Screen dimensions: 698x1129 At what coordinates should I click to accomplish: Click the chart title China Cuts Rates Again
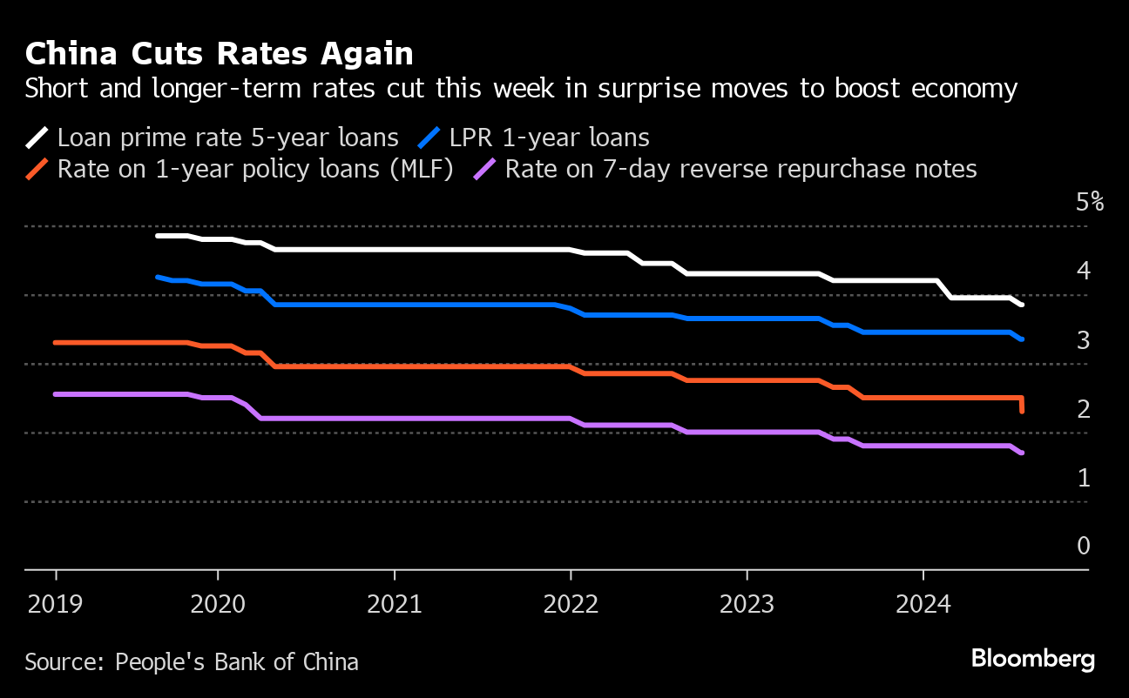point(219,55)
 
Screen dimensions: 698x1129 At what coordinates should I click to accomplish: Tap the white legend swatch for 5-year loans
point(37,138)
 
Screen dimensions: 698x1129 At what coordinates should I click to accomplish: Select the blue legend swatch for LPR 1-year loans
point(429,138)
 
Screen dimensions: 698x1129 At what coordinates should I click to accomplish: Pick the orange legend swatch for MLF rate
point(37,169)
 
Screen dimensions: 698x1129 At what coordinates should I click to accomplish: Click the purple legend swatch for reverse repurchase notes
point(485,169)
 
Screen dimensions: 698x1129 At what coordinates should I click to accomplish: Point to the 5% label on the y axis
point(1089,203)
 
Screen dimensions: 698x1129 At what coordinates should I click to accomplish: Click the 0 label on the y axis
point(1083,546)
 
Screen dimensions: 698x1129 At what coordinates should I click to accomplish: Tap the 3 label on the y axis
point(1083,340)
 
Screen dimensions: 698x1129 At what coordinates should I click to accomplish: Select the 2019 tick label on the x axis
point(56,604)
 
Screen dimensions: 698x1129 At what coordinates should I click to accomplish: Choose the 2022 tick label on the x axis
point(571,604)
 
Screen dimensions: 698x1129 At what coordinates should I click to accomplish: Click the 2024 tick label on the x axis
point(923,604)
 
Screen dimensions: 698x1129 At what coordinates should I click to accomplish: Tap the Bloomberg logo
point(1033,659)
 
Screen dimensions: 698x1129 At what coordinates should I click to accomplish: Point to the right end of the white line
point(1021,305)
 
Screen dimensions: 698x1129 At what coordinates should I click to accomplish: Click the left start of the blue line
point(158,277)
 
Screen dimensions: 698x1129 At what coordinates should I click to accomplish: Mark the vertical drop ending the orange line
point(1021,405)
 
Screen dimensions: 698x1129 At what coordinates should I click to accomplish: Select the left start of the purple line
point(56,394)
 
